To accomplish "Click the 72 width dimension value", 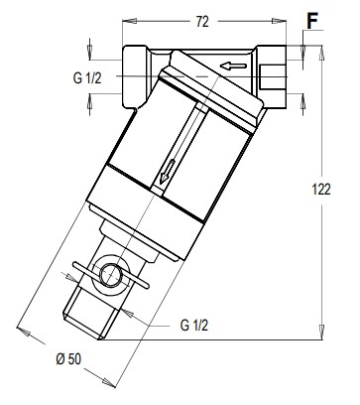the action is coord(202,22).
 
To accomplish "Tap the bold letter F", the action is coord(312,21).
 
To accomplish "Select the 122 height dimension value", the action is coord(321,190).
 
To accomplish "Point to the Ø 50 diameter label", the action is coord(68,358).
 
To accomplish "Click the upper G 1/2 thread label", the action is coord(87,78).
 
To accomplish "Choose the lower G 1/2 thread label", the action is coord(194,326).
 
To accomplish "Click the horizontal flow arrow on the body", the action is coord(233,66).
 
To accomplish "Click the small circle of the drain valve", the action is coord(110,275).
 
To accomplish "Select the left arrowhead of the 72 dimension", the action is coord(129,21).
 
